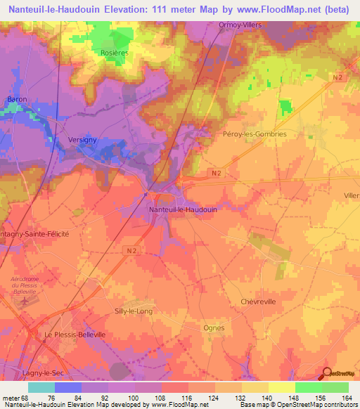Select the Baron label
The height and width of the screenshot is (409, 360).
click(17, 99)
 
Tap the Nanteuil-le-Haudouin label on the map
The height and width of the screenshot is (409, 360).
click(182, 209)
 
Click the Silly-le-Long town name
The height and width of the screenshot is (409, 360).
click(133, 311)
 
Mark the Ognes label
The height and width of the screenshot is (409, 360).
click(213, 327)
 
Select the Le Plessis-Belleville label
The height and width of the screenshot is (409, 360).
click(75, 335)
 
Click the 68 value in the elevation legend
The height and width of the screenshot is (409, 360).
click(25, 397)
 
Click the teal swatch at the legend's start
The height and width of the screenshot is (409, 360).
click(41, 387)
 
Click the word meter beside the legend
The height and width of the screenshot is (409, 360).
click(10, 397)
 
